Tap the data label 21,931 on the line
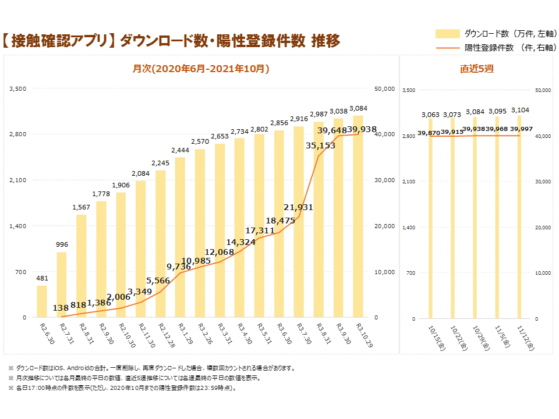click(x=299, y=207)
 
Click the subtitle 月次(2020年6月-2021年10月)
click(x=201, y=69)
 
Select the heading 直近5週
click(x=476, y=69)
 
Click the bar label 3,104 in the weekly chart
click(x=520, y=110)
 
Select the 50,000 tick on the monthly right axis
click(x=384, y=88)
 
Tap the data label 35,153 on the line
click(x=320, y=145)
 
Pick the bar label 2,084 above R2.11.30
click(x=140, y=173)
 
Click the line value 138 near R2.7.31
click(x=61, y=308)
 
